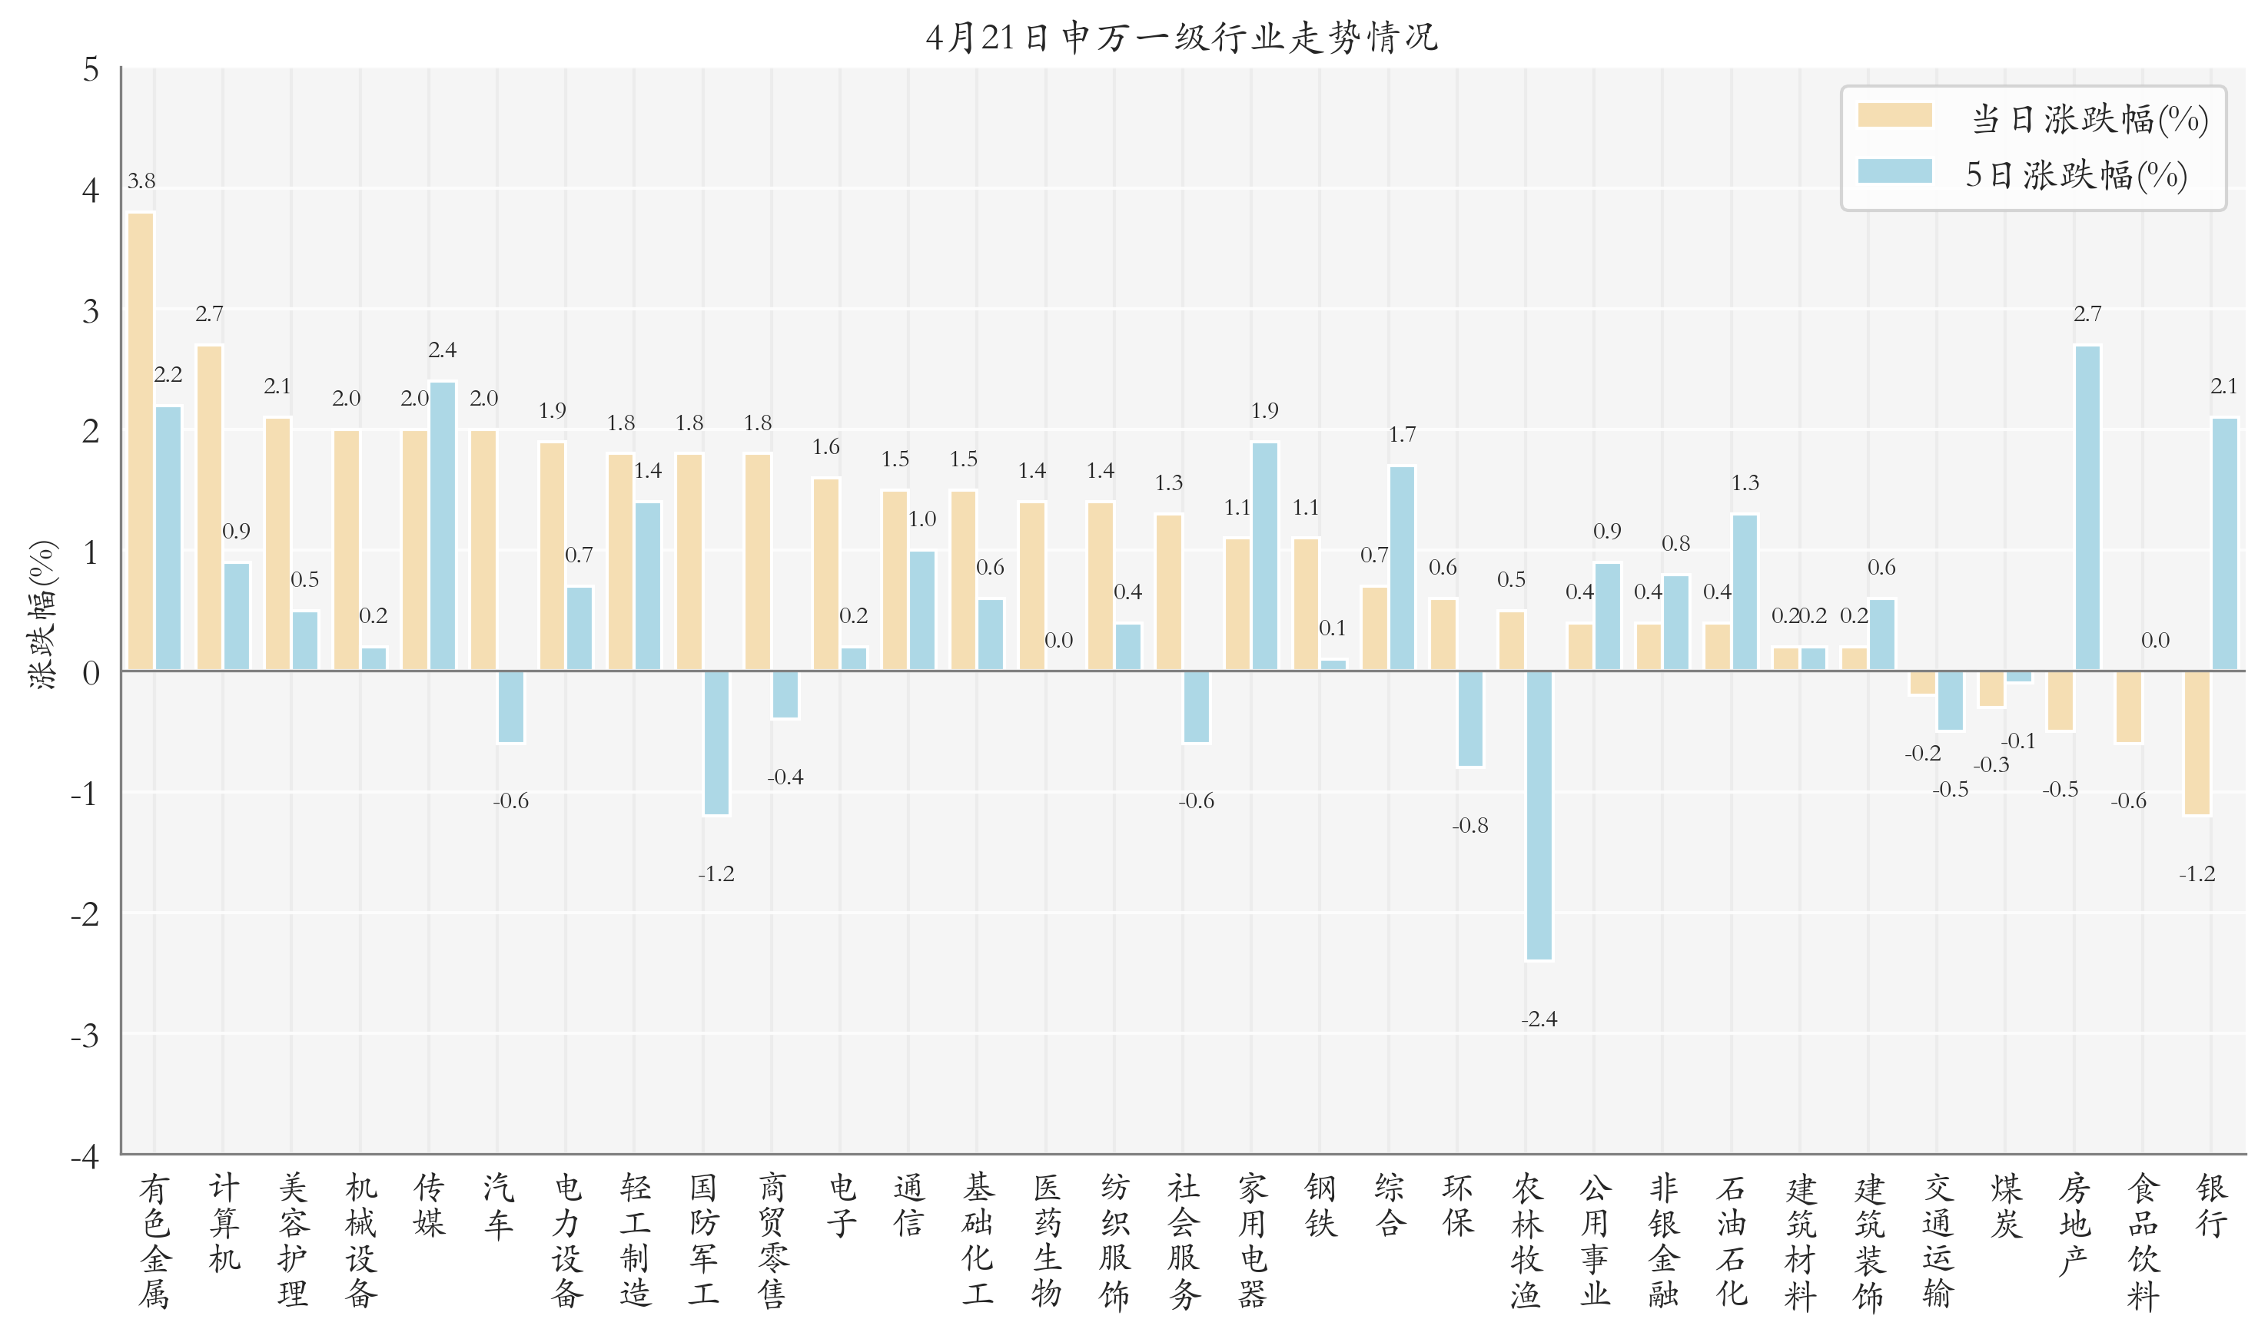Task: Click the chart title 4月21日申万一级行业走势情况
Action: pos(1181,38)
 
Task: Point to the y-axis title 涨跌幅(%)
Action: pos(42,615)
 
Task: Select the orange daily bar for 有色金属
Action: pos(141,442)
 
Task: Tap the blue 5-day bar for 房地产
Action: pos(2087,508)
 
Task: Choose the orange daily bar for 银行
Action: pos(2197,743)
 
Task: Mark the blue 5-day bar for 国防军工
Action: pos(716,743)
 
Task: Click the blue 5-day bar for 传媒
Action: pos(442,526)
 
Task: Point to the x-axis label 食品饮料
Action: pos(2143,1241)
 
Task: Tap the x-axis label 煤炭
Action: pos(2006,1205)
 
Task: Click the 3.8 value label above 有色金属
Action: pos(141,181)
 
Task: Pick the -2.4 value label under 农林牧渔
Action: pos(1539,1019)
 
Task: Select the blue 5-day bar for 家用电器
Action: pos(1264,557)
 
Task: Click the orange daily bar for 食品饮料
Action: pos(2128,707)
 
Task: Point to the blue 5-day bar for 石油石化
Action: pos(1745,593)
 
